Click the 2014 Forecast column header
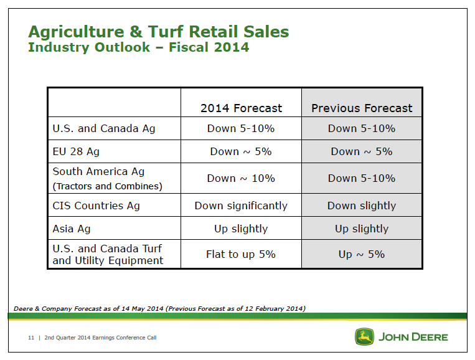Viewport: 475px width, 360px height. coord(241,108)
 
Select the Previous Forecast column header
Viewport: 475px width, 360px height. coord(362,108)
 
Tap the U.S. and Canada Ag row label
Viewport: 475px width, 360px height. coord(104,128)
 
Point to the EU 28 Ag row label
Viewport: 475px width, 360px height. coord(76,151)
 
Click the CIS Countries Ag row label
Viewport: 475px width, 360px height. coord(96,206)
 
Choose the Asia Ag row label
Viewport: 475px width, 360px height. coord(72,229)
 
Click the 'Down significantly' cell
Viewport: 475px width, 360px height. coord(241,206)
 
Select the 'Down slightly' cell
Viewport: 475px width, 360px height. coord(362,206)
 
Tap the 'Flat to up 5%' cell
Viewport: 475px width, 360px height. coord(241,254)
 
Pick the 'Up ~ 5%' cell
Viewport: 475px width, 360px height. coord(362,254)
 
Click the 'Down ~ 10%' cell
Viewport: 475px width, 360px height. coord(241,178)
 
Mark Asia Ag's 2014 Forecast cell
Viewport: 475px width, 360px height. coord(241,229)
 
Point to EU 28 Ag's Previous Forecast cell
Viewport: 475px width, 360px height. coord(362,151)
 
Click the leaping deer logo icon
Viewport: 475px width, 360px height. coord(364,336)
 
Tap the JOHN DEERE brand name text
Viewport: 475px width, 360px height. coord(413,337)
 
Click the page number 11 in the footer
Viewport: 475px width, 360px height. coord(31,338)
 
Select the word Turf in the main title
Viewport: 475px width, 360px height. coord(166,32)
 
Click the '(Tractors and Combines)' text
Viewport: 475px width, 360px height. coord(108,186)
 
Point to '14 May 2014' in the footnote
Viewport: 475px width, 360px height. coord(143,309)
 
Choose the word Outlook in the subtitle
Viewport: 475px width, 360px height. coord(122,47)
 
